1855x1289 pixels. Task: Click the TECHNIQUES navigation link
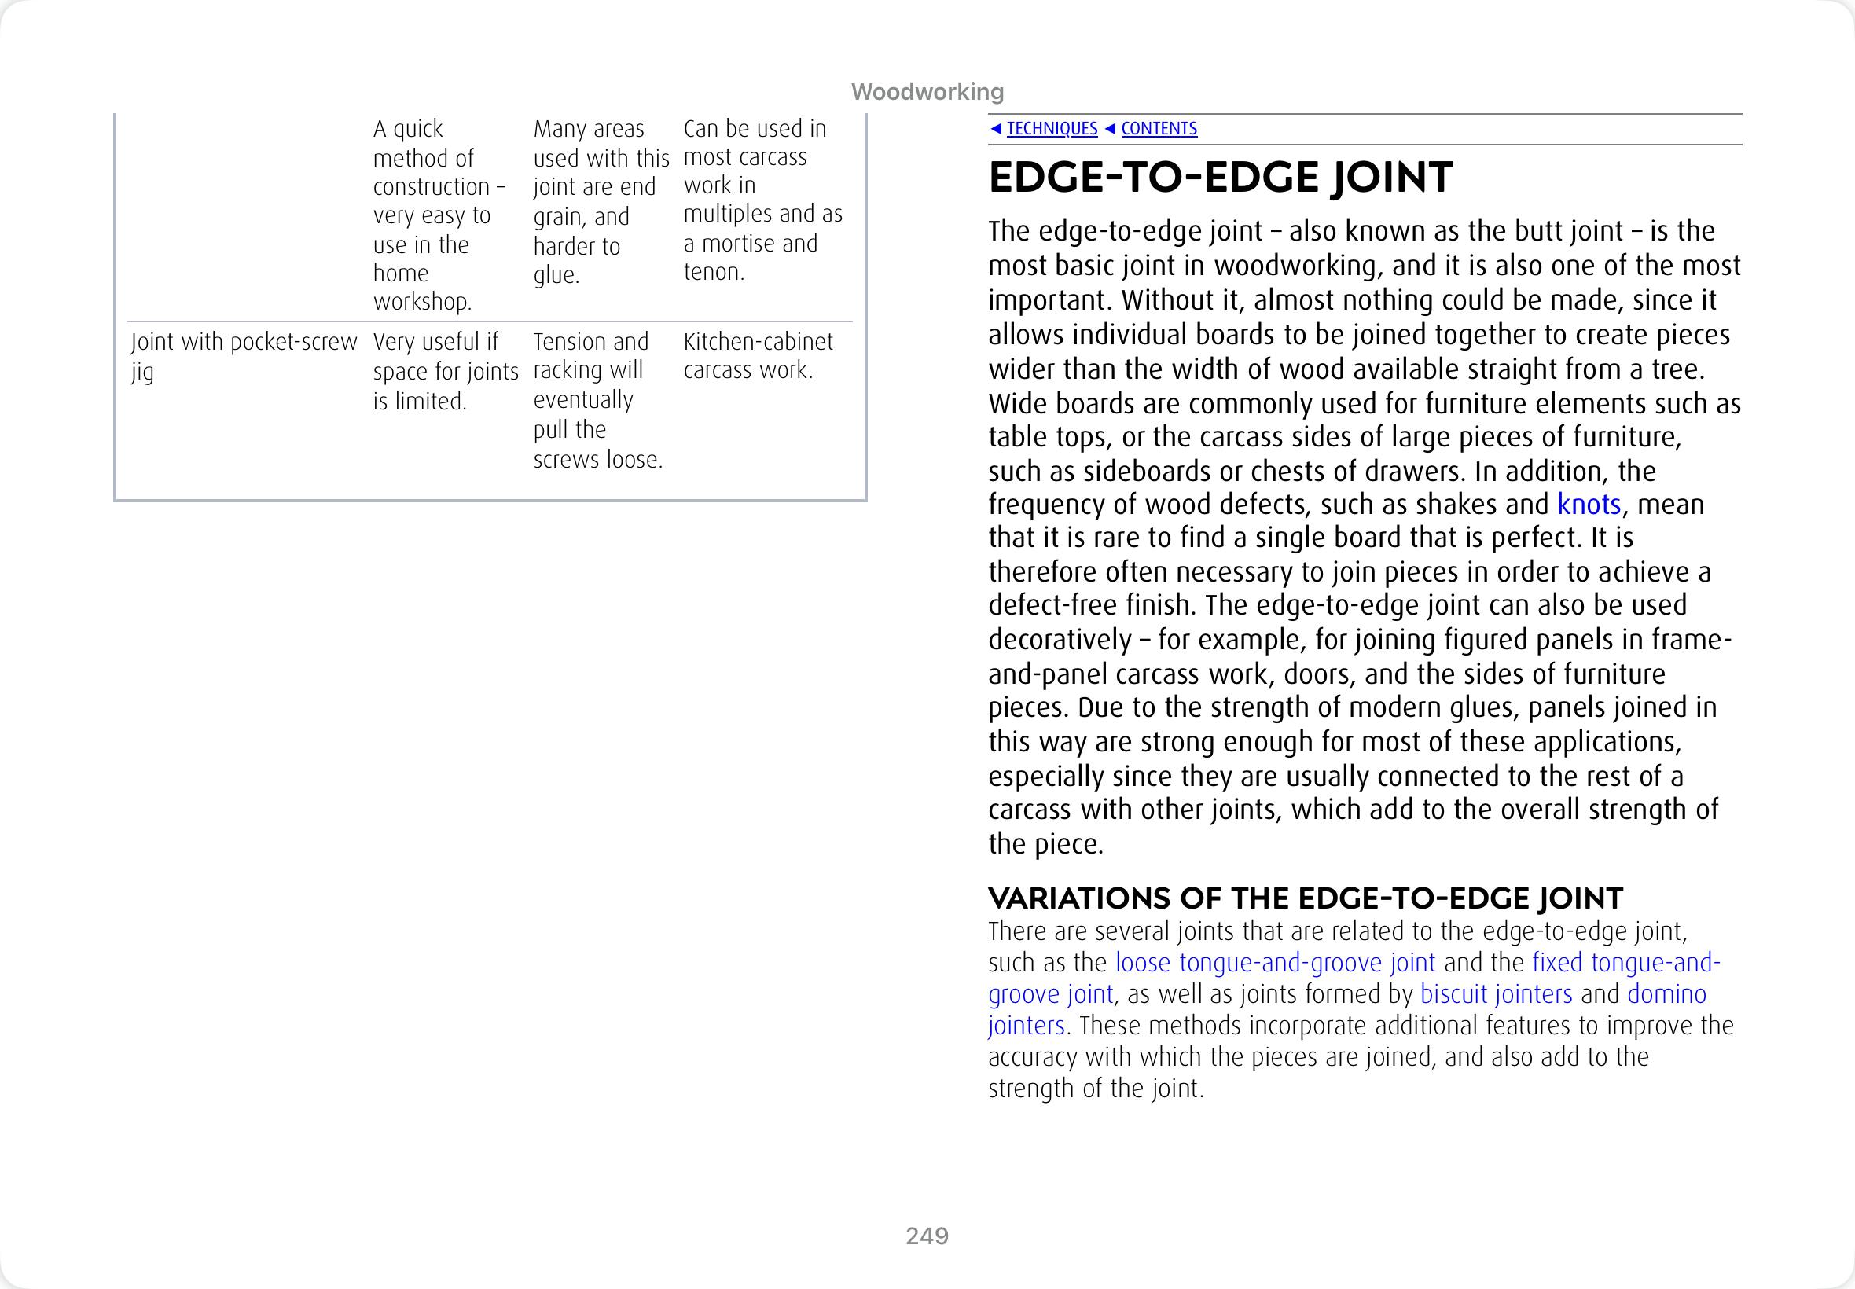tap(1052, 128)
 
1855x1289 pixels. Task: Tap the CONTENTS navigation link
tap(1158, 128)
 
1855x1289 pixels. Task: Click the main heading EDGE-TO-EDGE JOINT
tap(1219, 178)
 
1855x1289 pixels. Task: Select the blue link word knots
tap(1589, 505)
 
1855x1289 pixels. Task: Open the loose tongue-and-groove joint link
tap(1274, 963)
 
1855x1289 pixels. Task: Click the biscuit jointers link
tap(1496, 994)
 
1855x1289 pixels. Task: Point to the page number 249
tap(927, 1236)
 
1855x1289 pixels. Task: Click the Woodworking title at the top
tap(927, 92)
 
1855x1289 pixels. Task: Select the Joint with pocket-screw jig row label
tap(242, 355)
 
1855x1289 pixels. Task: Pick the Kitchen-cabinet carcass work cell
tap(758, 355)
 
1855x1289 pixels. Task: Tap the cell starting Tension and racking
tap(597, 400)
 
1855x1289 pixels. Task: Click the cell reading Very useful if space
tap(445, 371)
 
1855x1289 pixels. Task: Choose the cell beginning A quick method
tap(439, 215)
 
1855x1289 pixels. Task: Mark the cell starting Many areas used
tap(601, 202)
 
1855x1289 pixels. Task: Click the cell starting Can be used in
tap(762, 200)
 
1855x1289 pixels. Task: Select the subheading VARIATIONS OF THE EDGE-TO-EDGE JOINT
tap(1305, 898)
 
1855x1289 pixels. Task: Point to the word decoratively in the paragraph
tap(1060, 640)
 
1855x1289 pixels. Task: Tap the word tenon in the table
tap(711, 272)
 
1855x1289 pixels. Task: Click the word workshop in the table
tap(421, 302)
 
